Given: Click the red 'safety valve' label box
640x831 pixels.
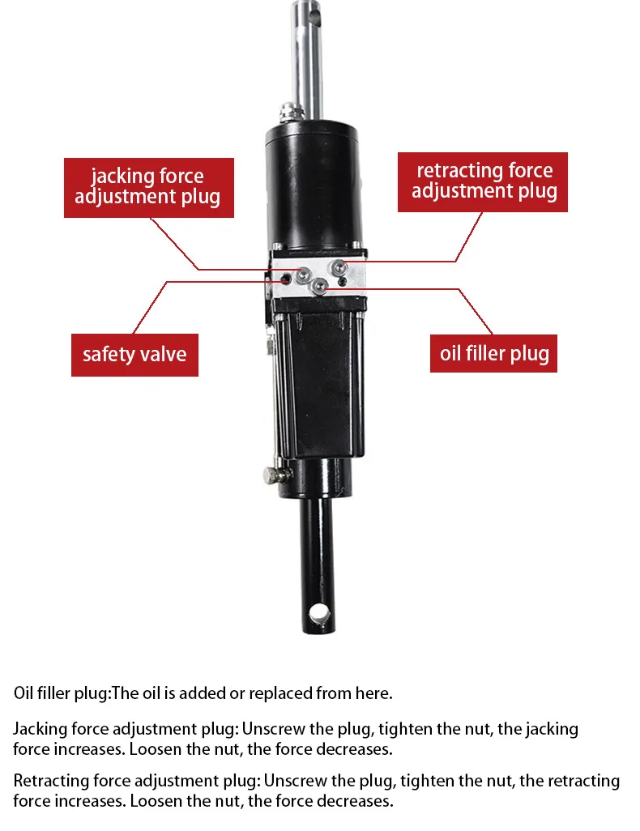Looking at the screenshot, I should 134,353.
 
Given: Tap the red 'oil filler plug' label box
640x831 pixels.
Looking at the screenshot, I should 494,353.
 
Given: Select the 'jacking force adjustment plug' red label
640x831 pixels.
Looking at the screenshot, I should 148,187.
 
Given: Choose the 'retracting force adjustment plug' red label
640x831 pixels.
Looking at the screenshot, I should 484,181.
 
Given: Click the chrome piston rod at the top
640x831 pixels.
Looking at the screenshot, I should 308,57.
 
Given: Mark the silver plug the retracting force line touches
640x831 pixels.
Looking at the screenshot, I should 339,266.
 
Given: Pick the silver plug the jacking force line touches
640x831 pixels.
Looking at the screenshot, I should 302,275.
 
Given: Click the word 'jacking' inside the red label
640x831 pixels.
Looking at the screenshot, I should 118,177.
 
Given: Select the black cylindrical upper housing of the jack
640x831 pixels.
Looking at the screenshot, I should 314,178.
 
